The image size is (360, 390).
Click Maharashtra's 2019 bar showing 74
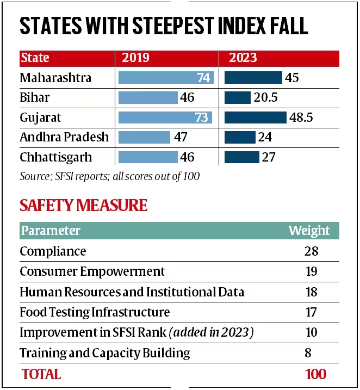(165, 78)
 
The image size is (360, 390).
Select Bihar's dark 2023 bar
(237, 98)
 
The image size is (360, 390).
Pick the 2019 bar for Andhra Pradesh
(144, 138)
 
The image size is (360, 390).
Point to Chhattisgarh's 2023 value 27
(269, 157)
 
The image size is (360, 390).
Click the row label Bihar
(34, 98)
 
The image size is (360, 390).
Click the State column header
(35, 58)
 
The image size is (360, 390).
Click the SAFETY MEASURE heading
(83, 205)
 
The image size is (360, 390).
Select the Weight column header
(309, 231)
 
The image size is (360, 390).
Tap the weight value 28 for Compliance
(311, 251)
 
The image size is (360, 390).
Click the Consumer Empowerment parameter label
(92, 271)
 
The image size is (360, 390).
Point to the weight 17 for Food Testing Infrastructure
(311, 312)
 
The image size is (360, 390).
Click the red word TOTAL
(41, 374)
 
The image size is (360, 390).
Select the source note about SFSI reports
(109, 176)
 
